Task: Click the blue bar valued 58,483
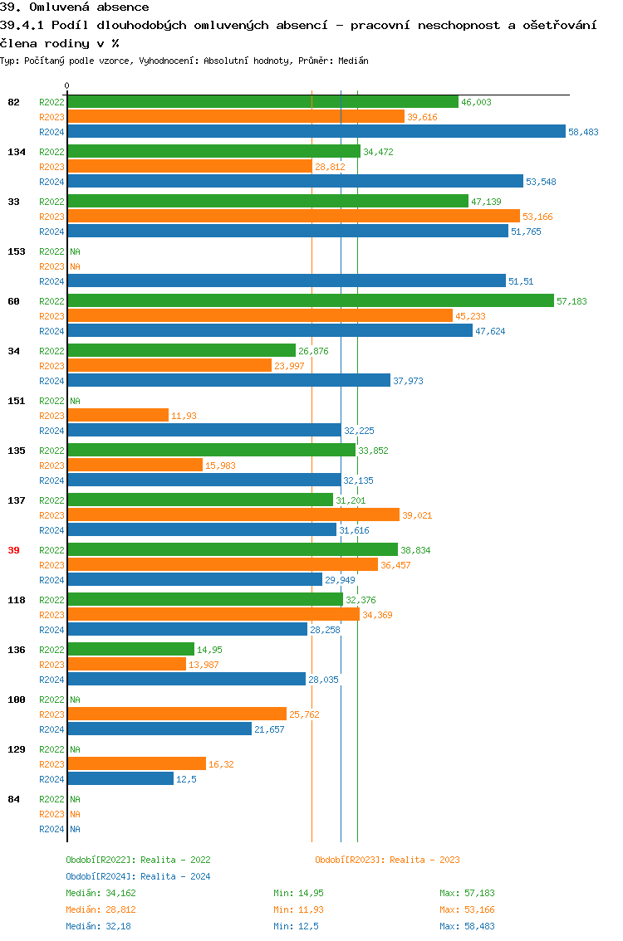coord(316,131)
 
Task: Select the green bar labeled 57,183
coord(311,300)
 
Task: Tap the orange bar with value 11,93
coord(118,415)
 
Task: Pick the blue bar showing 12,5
coord(120,778)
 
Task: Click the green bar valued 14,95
coord(130,649)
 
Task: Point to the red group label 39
coord(13,550)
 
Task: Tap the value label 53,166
coord(537,217)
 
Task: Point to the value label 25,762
coord(304,714)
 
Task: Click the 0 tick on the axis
coord(67,85)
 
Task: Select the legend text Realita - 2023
coord(424,860)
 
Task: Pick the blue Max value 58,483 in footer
coord(467,926)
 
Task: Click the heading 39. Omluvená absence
coord(75,7)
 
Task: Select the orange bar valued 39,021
coord(233,514)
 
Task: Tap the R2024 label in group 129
coord(52,779)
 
